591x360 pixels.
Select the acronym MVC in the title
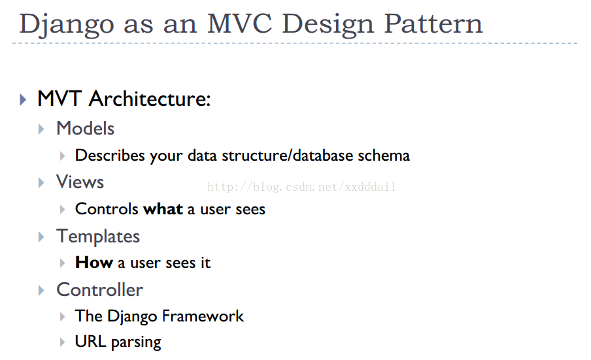[240, 24]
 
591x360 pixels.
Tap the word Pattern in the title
[433, 24]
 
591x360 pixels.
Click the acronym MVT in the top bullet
[59, 99]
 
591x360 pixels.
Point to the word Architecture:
[149, 99]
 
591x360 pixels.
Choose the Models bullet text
[85, 128]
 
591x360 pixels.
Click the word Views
[80, 182]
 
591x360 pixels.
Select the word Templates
[98, 237]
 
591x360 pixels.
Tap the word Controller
[99, 290]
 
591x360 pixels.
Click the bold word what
[163, 209]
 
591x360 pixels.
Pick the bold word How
[94, 263]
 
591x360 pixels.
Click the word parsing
[136, 342]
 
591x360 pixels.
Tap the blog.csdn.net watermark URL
[301, 186]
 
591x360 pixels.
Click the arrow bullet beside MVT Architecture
[23, 99]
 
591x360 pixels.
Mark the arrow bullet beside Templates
[41, 237]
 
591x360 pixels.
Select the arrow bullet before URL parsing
[63, 342]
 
